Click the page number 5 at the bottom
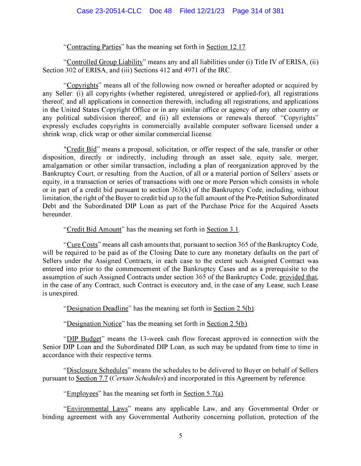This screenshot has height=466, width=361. tap(180, 436)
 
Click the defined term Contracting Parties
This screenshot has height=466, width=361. tap(91, 47)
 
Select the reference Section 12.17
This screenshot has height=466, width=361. tap(226, 47)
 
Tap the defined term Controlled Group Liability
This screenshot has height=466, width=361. tap(104, 62)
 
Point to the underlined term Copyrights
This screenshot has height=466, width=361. tap(82, 85)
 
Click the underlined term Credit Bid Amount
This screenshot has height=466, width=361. tap(94, 229)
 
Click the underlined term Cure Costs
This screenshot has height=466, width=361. tap(82, 245)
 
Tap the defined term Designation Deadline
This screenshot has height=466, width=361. tap(97, 309)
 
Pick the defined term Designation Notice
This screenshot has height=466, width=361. tap(94, 324)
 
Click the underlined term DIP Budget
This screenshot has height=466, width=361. tap(84, 339)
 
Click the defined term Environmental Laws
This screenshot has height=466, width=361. tap(97, 409)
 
